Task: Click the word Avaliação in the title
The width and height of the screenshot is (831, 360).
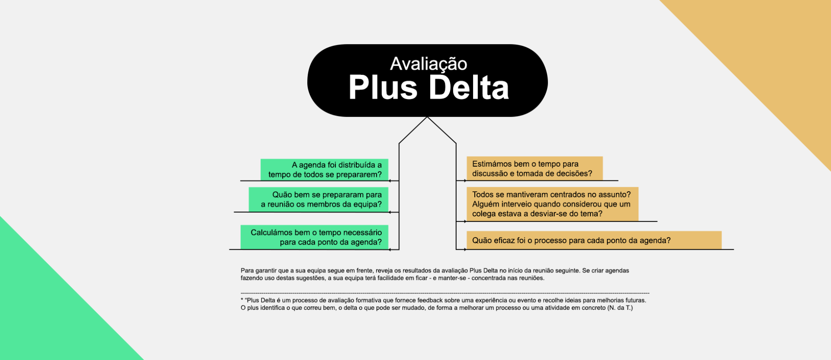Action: (x=428, y=64)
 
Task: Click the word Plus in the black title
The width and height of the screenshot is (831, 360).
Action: (x=383, y=88)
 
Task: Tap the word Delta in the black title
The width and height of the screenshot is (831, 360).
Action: (x=468, y=88)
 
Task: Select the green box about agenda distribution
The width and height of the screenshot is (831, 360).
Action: (x=324, y=170)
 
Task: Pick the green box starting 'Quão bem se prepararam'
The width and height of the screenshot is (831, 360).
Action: (x=319, y=199)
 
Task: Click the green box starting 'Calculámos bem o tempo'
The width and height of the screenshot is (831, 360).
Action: (x=314, y=237)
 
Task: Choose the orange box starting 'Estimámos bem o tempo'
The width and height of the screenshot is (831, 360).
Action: (x=535, y=168)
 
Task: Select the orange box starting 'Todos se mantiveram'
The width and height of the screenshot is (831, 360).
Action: (x=552, y=204)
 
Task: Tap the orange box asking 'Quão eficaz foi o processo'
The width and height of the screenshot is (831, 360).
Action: (x=594, y=240)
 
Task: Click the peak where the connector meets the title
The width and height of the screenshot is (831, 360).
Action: (x=427, y=117)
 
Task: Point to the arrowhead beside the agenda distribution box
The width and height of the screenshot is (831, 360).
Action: (x=390, y=180)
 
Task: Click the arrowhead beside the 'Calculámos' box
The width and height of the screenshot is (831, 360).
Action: (x=390, y=249)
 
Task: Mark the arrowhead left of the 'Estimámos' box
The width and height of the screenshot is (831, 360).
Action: (x=465, y=180)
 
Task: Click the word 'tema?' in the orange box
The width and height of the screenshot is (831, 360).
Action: (x=591, y=214)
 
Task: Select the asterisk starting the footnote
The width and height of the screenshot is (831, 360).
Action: (x=242, y=299)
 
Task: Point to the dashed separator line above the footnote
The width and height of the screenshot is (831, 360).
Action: (x=445, y=293)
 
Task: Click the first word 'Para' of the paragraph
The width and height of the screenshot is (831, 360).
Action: (x=247, y=270)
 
